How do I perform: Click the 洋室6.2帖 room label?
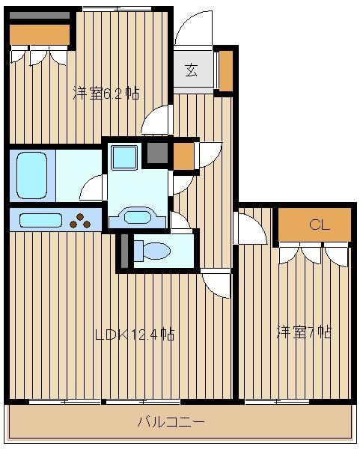106,94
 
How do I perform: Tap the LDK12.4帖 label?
135,335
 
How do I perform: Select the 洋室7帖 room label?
304,332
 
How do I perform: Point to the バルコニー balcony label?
171,422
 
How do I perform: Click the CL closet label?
320,225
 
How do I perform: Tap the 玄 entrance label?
192,70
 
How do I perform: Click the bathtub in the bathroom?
31,175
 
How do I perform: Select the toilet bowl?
153,251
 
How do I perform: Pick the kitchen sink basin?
40,220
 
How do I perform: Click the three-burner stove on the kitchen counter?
81,221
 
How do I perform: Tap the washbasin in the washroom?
138,218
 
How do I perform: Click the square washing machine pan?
124,157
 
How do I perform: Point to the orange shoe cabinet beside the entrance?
226,71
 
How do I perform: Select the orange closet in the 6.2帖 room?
40,34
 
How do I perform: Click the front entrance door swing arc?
194,28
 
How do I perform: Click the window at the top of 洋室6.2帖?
118,9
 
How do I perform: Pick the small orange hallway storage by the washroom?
183,156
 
